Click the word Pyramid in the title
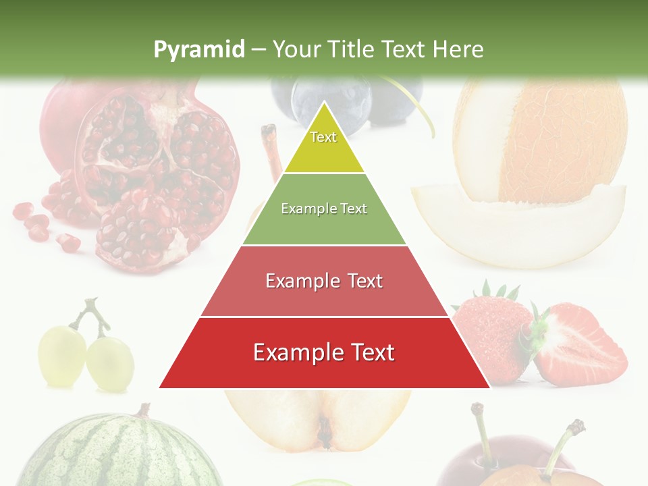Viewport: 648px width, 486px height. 199,49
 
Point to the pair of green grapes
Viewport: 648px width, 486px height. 84,354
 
